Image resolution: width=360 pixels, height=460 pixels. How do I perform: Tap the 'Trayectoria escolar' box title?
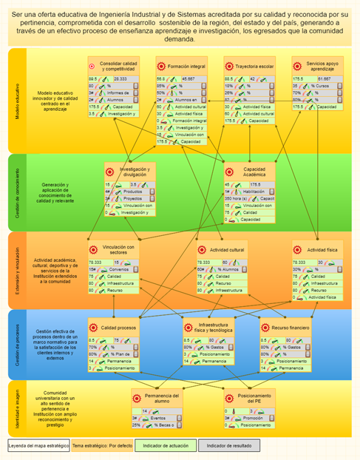pos(256,67)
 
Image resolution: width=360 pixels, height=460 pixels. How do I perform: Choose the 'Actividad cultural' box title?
pos(227,250)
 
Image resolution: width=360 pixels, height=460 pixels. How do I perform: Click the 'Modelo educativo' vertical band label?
pos(17,102)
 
